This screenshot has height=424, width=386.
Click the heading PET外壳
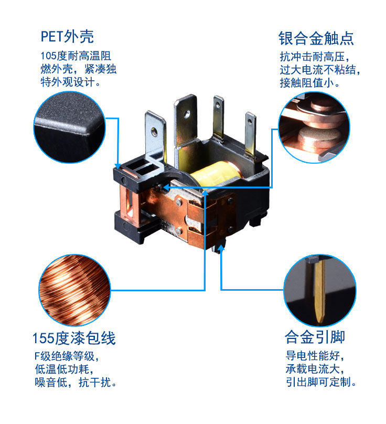click(67, 37)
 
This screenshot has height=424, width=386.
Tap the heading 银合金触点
click(316, 38)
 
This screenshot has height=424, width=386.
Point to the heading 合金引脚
click(315, 336)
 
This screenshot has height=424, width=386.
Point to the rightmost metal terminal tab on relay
click(248, 134)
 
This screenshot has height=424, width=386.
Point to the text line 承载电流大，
click(316, 369)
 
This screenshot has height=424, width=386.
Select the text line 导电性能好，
click(316, 356)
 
